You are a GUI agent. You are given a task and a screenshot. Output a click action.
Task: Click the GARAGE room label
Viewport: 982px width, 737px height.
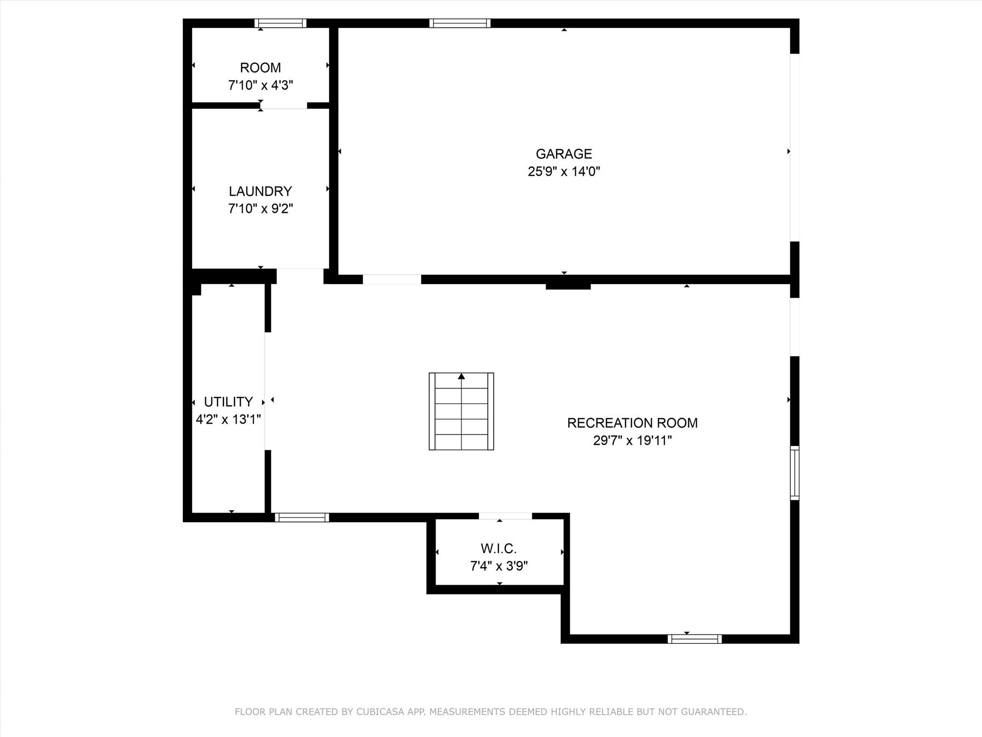(564, 154)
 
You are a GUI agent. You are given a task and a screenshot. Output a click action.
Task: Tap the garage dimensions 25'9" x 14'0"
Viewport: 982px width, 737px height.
(564, 171)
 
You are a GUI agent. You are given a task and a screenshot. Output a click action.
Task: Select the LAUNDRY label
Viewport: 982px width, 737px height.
(260, 191)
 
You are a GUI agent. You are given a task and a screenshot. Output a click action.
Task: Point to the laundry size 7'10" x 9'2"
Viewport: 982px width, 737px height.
(260, 209)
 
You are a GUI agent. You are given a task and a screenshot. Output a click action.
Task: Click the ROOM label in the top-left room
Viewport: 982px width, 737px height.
(260, 68)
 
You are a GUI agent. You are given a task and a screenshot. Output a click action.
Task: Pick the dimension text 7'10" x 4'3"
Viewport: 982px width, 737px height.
(260, 85)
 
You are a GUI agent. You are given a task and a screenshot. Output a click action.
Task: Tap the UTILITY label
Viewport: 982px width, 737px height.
(228, 402)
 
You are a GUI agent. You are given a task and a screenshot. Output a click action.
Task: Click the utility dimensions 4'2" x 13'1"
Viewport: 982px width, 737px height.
(228, 419)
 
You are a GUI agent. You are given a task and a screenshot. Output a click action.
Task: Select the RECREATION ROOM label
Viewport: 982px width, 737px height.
(632, 423)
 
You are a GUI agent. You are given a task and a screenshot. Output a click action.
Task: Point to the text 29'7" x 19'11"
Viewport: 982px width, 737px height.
(632, 440)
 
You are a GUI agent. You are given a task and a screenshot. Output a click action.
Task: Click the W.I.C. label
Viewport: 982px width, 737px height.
(499, 548)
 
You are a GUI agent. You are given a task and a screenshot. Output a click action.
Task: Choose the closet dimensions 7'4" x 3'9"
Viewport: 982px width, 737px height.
(499, 566)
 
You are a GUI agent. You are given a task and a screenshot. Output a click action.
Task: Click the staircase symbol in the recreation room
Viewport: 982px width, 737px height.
(461, 411)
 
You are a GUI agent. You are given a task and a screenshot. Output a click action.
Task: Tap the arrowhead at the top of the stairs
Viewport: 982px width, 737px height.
(461, 376)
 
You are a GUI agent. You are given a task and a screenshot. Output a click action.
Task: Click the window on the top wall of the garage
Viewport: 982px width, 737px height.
(460, 23)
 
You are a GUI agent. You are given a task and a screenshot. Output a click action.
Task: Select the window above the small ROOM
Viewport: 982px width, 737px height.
(281, 23)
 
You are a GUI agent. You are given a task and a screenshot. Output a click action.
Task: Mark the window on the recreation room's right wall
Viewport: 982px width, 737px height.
(795, 473)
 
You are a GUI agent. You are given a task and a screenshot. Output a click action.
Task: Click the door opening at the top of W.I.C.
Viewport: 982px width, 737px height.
(505, 516)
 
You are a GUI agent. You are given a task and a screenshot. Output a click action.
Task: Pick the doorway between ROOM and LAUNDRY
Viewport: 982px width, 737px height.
(284, 106)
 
